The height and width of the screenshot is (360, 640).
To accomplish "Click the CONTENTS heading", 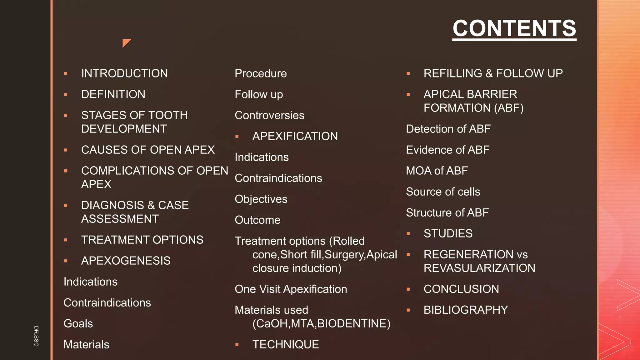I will pos(514,28).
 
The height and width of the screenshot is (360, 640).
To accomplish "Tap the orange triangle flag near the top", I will pos(126,42).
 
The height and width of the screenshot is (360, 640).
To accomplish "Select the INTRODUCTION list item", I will pos(124,73).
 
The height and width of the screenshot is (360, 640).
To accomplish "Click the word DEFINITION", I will pos(113,94).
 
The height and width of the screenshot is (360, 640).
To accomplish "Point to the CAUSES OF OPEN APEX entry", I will pos(148,150).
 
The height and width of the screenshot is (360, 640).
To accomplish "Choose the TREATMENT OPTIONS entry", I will pos(142,240).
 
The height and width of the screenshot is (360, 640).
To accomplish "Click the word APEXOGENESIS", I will pos(126,261).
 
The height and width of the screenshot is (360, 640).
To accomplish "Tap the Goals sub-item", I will pos(78,324).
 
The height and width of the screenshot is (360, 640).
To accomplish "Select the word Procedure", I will pos(261,74).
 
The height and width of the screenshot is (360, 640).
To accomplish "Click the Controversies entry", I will pos(269,116).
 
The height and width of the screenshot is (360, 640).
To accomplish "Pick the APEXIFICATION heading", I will pos(295,137).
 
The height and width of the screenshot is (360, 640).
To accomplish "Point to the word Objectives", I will pos(261,199).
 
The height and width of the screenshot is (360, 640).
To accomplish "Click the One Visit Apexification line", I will pos(291,289).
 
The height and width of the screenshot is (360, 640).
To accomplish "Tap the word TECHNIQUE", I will pos(286,345).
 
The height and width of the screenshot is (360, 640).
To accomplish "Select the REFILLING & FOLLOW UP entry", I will pos(493,73).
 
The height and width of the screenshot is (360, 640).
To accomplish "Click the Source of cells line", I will pos(443,192).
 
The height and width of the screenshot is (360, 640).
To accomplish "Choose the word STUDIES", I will pos(448,234).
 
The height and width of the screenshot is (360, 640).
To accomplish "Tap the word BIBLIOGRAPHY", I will pos(466,310).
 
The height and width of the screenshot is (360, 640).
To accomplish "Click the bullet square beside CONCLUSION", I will pos(408,289).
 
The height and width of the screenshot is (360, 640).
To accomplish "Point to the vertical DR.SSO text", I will pos(36,336).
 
